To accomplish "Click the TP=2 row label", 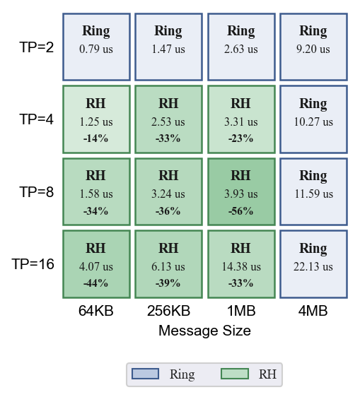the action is pyautogui.click(x=37, y=47).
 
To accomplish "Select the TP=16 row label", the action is pyautogui.click(x=33, y=264).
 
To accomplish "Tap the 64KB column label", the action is pyautogui.click(x=96, y=310).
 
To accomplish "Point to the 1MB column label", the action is pyautogui.click(x=241, y=310).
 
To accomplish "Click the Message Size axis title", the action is pyautogui.click(x=204, y=331).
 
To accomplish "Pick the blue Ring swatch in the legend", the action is pyautogui.click(x=145, y=374).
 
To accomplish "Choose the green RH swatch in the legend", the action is pyautogui.click(x=235, y=374).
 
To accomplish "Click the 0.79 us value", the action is pyautogui.click(x=96, y=49).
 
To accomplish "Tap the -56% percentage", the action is pyautogui.click(x=241, y=211).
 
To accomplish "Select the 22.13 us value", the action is pyautogui.click(x=313, y=266).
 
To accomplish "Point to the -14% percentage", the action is pyautogui.click(x=95, y=138).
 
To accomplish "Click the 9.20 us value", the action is pyautogui.click(x=313, y=49).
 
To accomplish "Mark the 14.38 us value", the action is pyautogui.click(x=241, y=266).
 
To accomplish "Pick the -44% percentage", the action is pyautogui.click(x=95, y=283).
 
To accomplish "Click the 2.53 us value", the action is pyautogui.click(x=168, y=122).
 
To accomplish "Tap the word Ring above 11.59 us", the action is pyautogui.click(x=313, y=176).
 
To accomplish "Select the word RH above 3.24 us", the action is pyautogui.click(x=168, y=175).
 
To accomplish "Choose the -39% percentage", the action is pyautogui.click(x=168, y=283).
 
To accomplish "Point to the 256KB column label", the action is pyautogui.click(x=168, y=310).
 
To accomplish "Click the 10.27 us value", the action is pyautogui.click(x=313, y=122).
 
